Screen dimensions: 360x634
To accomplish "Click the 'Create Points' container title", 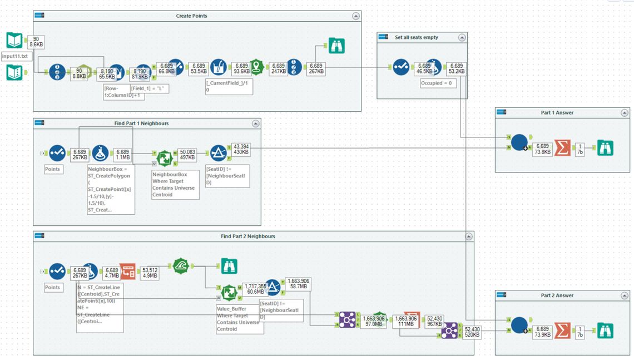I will tap(191, 16).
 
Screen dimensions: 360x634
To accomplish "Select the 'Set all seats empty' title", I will tap(417, 37).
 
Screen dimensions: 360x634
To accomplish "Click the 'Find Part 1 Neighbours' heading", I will tap(141, 123).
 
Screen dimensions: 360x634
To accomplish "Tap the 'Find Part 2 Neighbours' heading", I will tap(247, 236).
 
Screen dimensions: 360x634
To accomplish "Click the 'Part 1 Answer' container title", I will tap(557, 112).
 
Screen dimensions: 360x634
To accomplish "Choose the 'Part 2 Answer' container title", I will tap(557, 295).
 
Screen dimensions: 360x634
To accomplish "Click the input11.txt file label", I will tap(15, 56).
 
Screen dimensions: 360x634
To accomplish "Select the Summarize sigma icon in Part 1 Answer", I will tap(562, 148).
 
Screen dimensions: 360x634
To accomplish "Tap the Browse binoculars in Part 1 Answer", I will tap(605, 148).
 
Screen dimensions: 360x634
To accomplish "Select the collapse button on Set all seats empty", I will tap(462, 37).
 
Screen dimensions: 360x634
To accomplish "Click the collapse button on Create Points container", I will tap(356, 16).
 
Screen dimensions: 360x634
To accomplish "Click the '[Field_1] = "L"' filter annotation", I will tap(149, 88).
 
